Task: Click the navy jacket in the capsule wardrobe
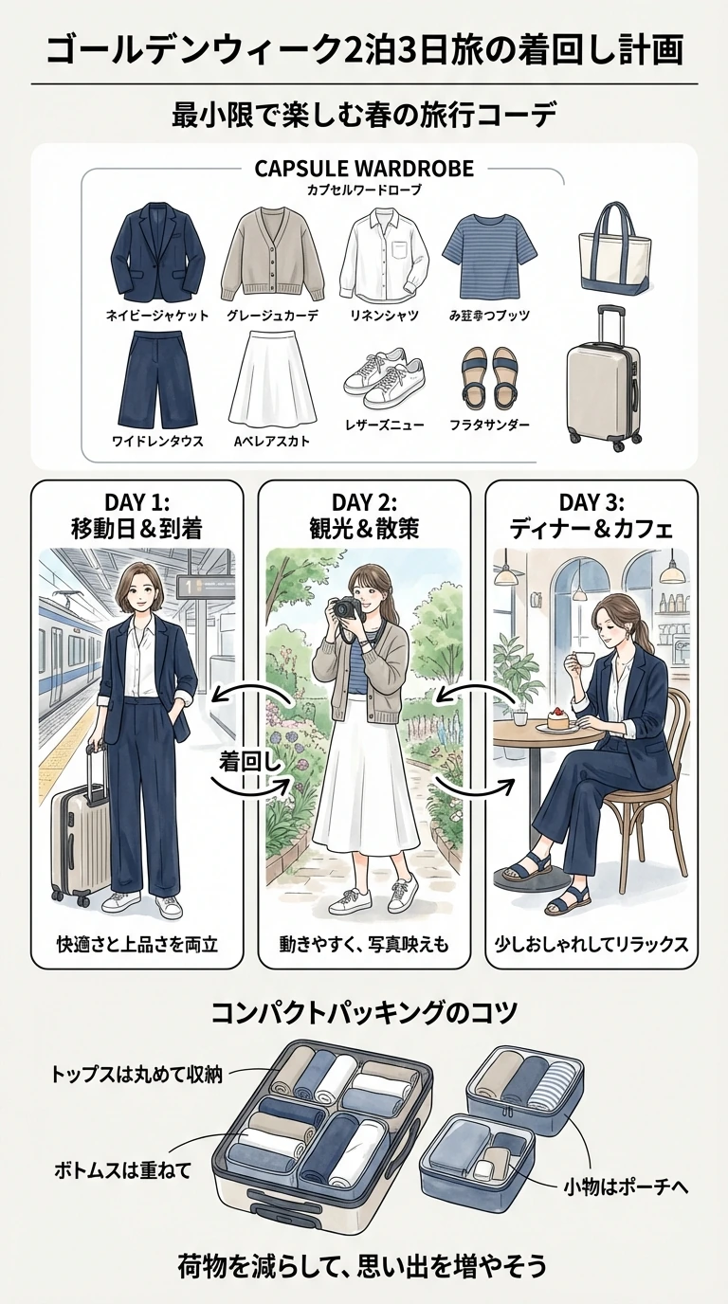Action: coord(157,253)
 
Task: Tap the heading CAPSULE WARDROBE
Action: coord(364,170)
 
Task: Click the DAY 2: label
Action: coord(364,501)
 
